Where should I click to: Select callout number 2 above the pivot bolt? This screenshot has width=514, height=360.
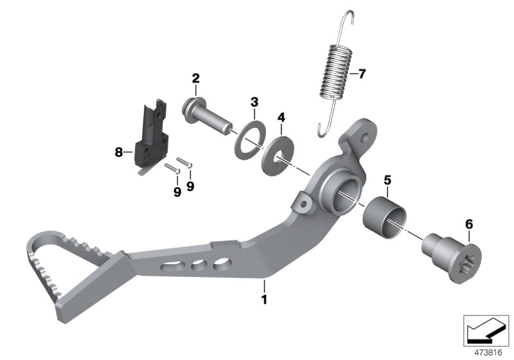click(x=196, y=79)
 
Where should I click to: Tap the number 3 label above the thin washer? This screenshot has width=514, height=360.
click(x=254, y=102)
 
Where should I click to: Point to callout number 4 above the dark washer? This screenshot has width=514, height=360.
click(x=280, y=118)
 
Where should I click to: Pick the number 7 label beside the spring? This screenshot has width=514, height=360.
click(x=361, y=73)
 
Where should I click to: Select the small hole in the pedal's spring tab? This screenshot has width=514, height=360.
click(x=366, y=137)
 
